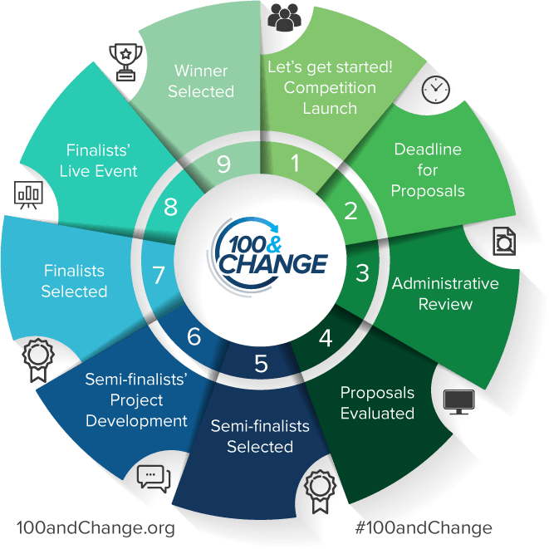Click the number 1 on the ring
[295, 164]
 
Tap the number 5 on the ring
[261, 363]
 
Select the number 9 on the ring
[223, 164]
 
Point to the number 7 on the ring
[159, 273]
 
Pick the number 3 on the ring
[362, 272]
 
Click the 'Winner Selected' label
[201, 81]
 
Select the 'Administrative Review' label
[445, 293]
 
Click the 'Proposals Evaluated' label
[377, 402]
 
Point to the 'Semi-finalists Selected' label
[260, 436]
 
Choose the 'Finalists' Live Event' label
[102, 160]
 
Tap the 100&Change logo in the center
[268, 251]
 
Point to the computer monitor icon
[459, 402]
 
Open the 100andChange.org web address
[96, 527]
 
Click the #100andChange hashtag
[423, 527]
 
